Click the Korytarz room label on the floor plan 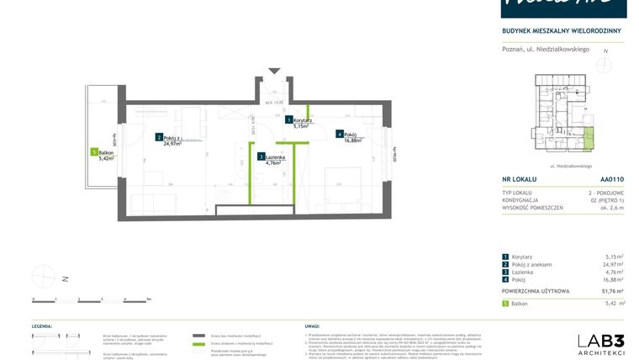tap(303, 120)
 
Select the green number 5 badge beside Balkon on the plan tap(93, 152)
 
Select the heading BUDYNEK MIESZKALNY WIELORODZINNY tap(561, 31)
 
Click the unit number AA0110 tap(612, 179)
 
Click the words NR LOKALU tap(519, 179)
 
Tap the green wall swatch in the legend tap(198, 344)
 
